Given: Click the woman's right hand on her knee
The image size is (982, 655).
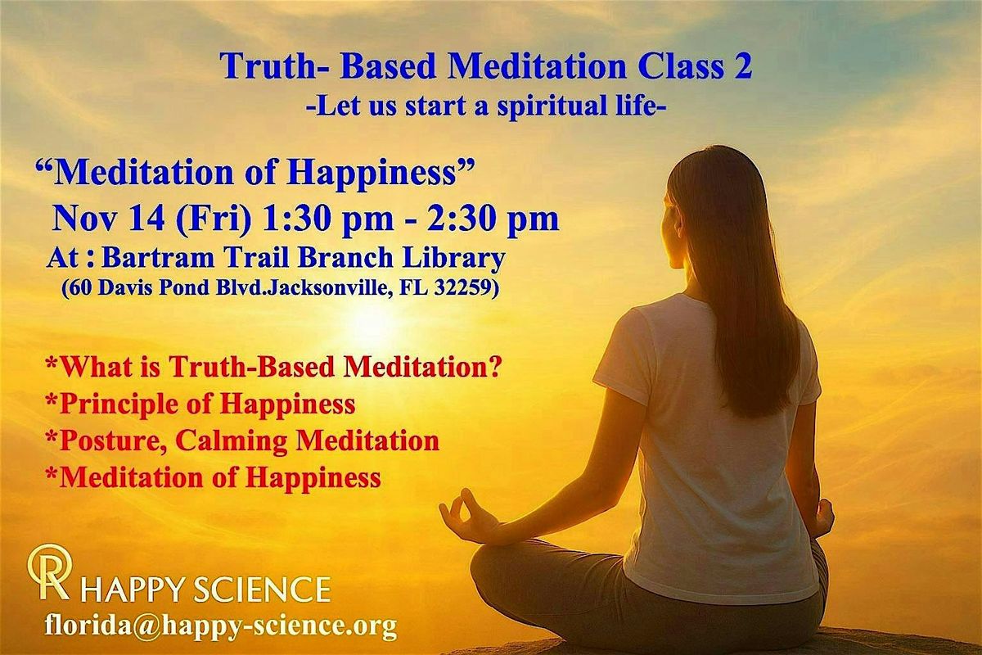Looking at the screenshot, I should [x=821, y=517].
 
